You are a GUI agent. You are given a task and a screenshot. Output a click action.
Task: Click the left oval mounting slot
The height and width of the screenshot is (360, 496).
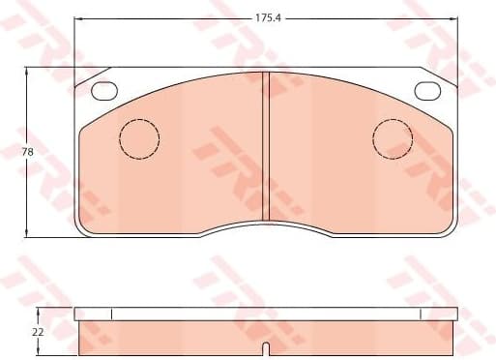point(103,91)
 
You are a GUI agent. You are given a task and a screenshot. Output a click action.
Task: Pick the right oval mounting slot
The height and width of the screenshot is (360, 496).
point(427,91)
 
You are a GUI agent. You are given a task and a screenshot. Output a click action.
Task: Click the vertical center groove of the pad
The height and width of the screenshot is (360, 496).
point(266,145)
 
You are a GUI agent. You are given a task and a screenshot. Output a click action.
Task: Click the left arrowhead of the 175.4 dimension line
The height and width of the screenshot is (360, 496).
point(78,17)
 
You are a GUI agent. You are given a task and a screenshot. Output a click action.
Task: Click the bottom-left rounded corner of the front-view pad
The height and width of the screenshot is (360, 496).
point(81,229)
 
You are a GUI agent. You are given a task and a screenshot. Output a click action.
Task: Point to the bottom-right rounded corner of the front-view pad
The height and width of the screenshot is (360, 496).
point(451,229)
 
